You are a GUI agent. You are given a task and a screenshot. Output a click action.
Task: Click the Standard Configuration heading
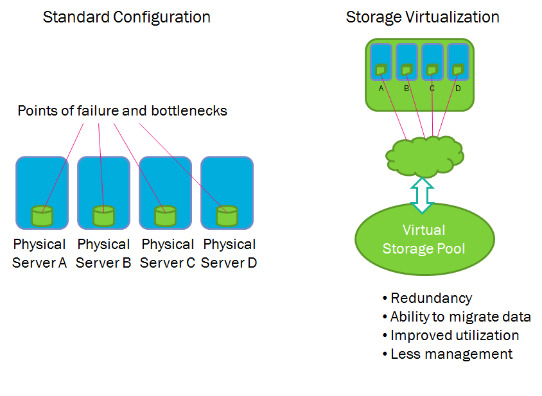(x=127, y=17)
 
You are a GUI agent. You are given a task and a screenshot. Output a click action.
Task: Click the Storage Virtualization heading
(x=423, y=17)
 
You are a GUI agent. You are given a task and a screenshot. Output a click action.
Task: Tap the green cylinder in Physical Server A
(x=42, y=216)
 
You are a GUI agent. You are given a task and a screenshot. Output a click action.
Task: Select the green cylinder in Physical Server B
(x=103, y=216)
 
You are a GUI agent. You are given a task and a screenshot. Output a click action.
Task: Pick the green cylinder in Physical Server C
(x=165, y=216)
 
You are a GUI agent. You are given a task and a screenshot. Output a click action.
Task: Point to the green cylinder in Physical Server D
(x=227, y=216)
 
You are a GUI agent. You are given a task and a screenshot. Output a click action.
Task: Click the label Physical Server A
(x=40, y=254)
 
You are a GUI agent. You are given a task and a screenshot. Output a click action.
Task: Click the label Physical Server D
(x=229, y=254)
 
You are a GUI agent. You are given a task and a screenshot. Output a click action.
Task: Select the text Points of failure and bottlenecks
(x=122, y=110)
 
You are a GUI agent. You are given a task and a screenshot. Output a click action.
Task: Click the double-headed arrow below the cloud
(x=423, y=194)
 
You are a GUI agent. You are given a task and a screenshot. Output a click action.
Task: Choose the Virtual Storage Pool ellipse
(x=424, y=239)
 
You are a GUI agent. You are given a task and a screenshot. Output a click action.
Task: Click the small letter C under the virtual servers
(x=432, y=89)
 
